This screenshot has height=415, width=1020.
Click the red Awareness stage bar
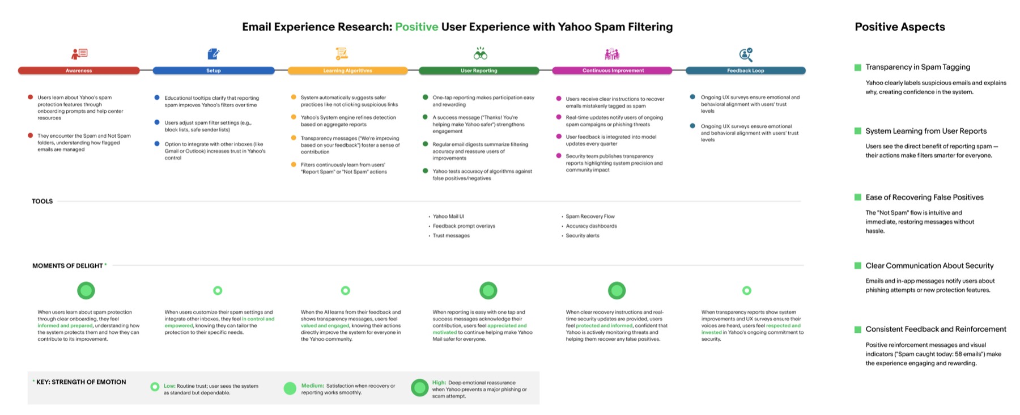(79, 71)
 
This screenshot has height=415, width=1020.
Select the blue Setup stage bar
(214, 71)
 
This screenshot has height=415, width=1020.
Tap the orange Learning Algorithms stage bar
(347, 71)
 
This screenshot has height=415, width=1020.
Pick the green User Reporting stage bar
(479, 71)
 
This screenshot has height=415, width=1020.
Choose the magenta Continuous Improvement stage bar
(613, 71)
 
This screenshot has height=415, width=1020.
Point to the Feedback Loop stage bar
(746, 71)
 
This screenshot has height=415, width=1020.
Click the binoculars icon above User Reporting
(481, 54)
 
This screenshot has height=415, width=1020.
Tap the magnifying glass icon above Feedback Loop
(746, 54)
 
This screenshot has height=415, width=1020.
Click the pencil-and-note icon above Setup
(214, 54)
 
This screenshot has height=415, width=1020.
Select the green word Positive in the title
(416, 27)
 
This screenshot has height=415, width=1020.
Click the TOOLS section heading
(42, 201)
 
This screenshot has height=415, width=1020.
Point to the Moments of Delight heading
(67, 265)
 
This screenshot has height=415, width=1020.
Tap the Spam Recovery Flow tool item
(590, 217)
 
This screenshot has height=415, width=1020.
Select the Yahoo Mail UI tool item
(448, 217)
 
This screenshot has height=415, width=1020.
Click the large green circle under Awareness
(86, 291)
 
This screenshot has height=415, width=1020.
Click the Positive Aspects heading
(900, 27)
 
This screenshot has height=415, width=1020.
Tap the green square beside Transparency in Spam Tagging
(858, 67)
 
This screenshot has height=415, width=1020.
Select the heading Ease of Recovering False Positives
(924, 197)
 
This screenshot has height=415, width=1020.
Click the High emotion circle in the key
(420, 388)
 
